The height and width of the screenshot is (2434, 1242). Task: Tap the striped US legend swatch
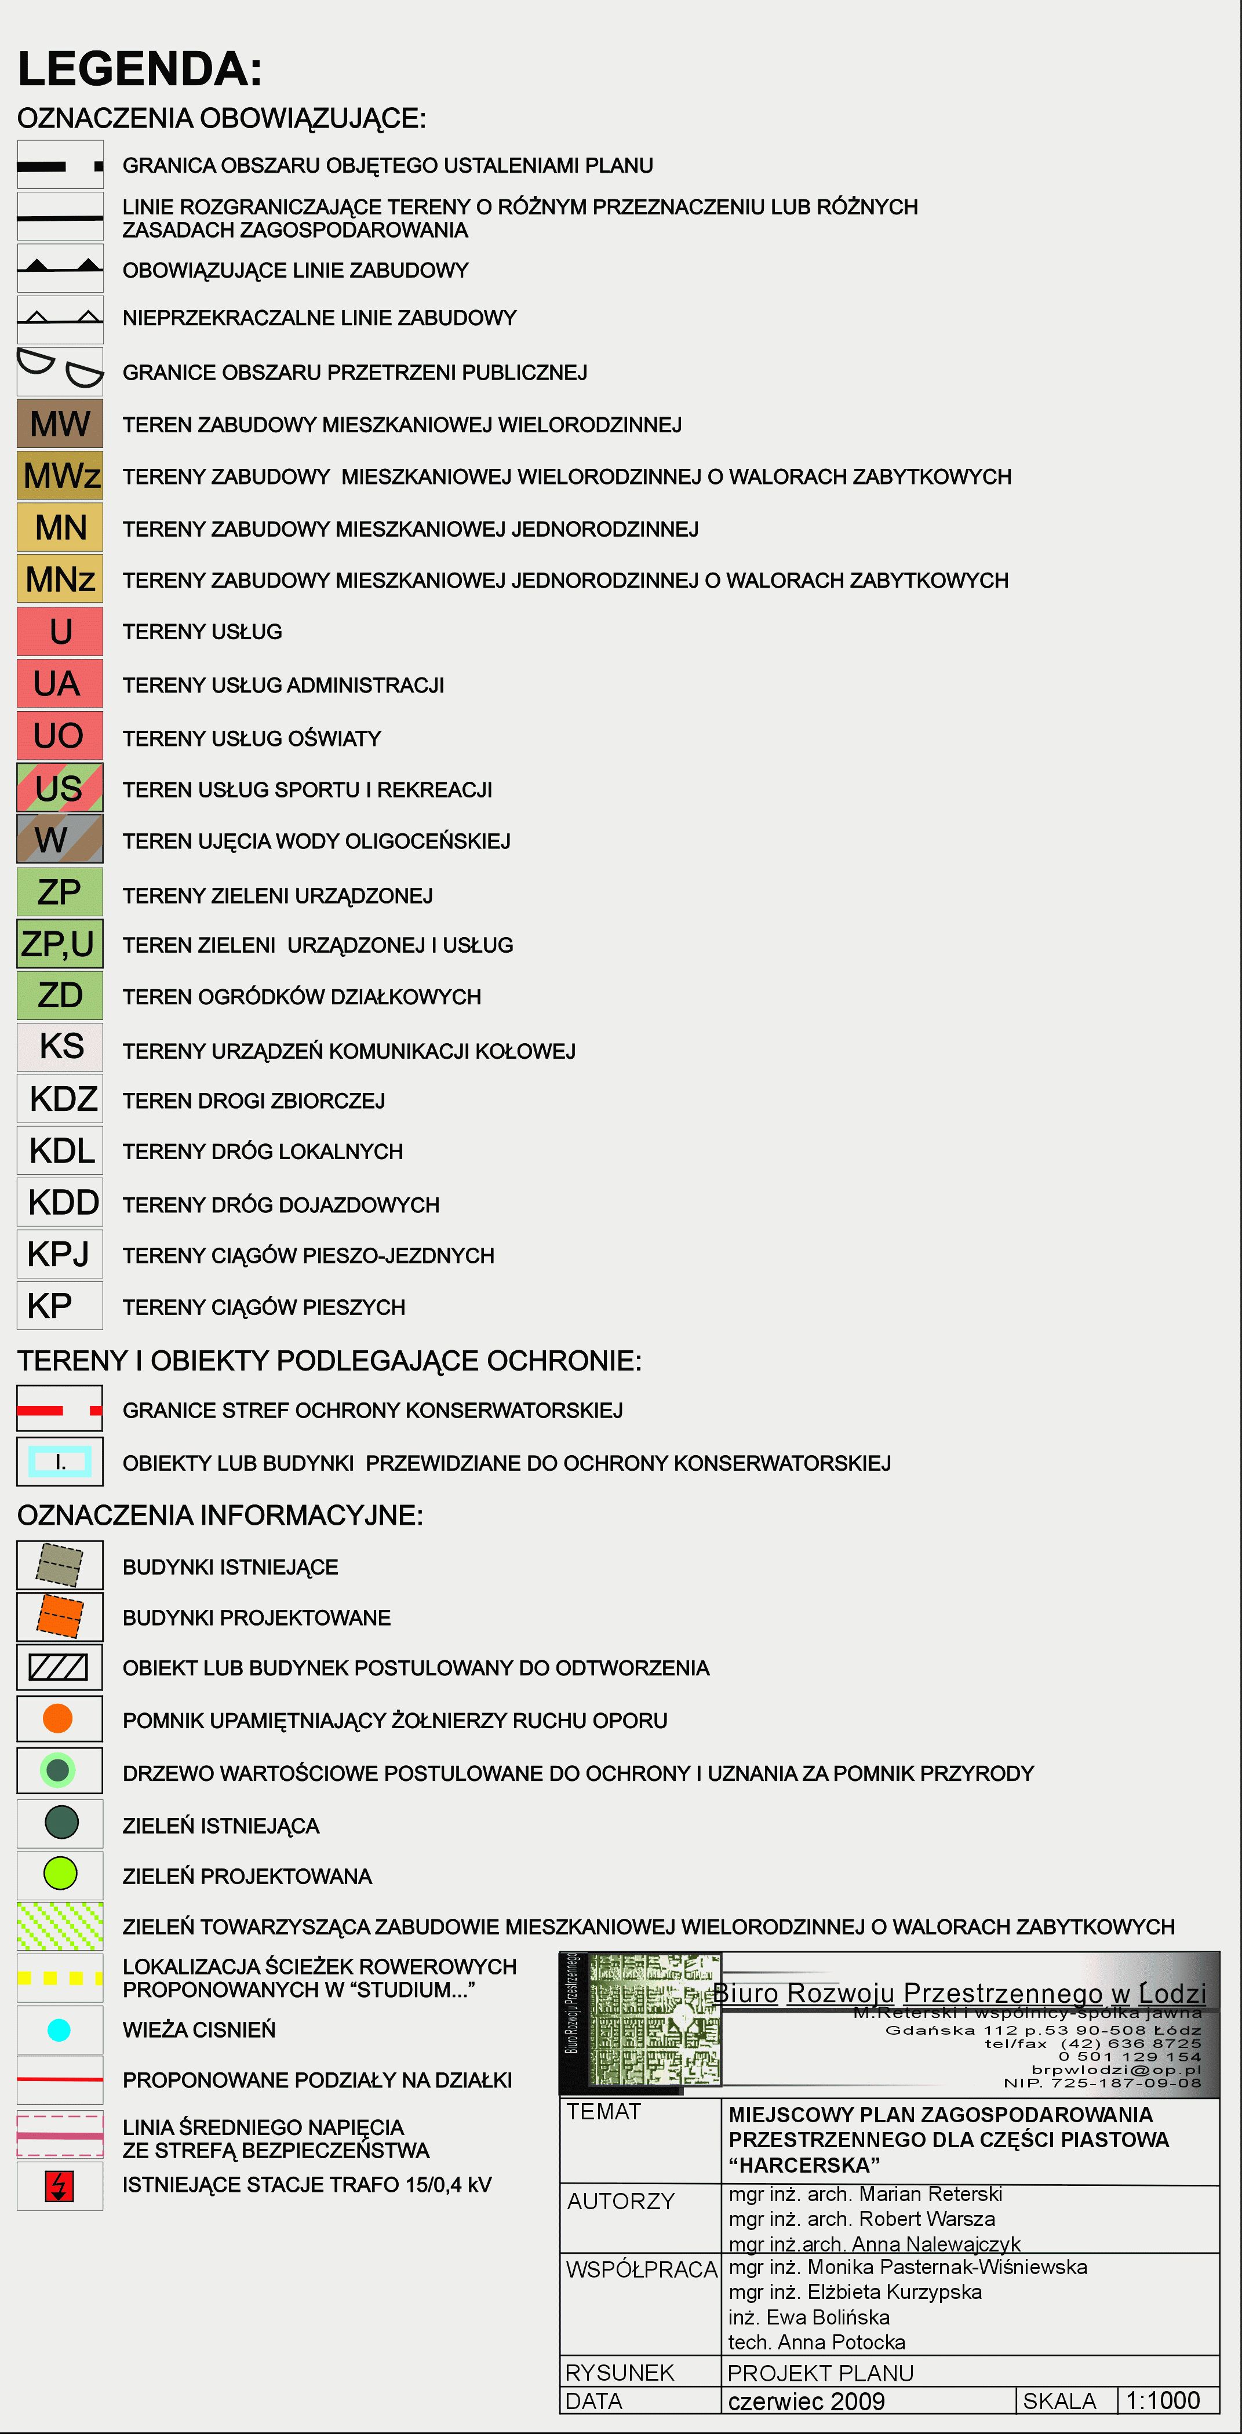point(60,788)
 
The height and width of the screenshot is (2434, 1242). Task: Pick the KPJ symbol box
point(60,1254)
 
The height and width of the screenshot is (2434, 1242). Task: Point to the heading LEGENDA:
point(140,69)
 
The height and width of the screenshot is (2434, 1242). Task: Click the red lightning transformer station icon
point(60,2185)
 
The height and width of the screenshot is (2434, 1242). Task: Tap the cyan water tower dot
point(59,2029)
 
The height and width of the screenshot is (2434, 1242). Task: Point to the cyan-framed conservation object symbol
point(60,1462)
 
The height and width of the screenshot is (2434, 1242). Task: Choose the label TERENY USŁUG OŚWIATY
point(252,738)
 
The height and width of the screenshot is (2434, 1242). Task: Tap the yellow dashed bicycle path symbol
point(60,1977)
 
